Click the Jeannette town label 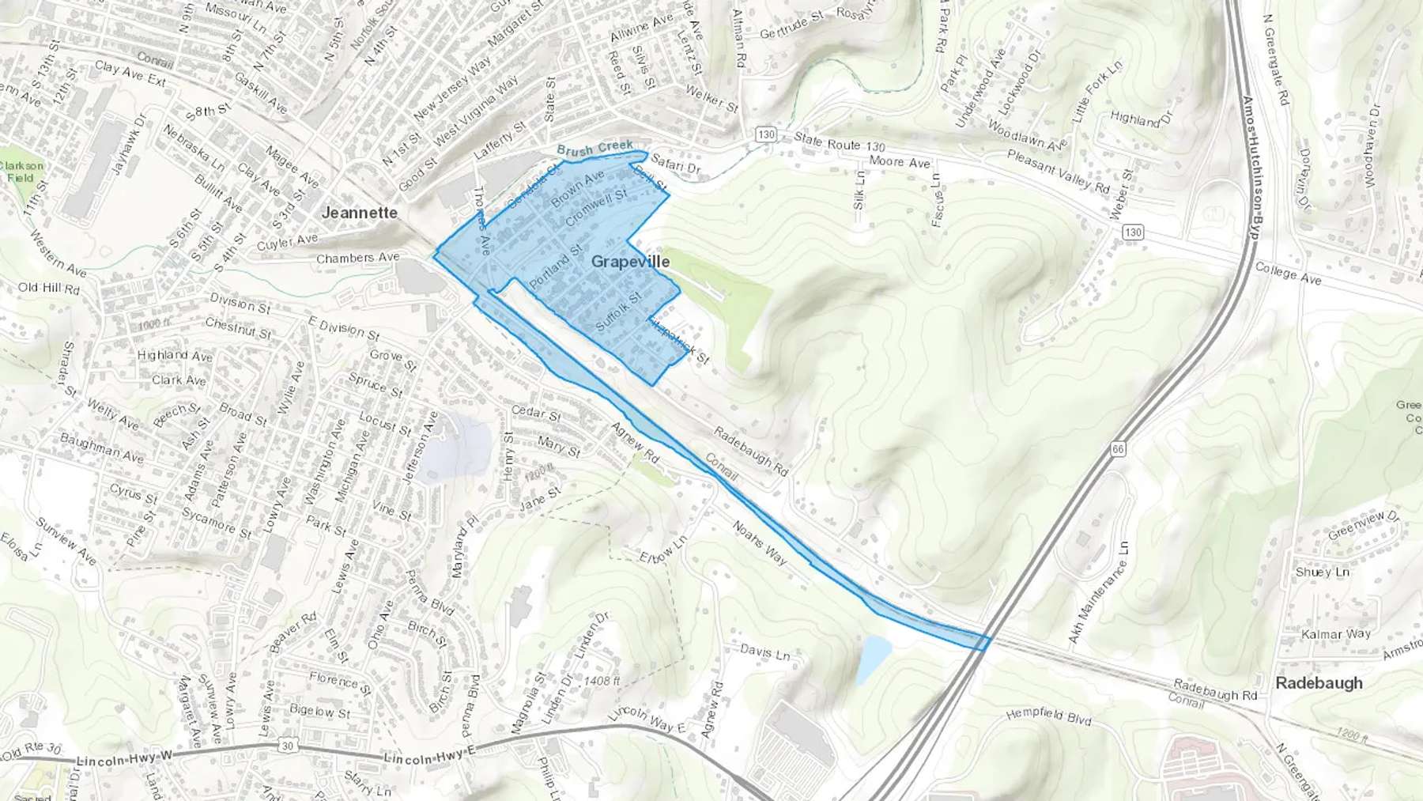[359, 213]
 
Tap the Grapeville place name [630, 262]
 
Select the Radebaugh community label [1319, 682]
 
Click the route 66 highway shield [1117, 449]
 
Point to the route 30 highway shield [287, 746]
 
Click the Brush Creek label [594, 148]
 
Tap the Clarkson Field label [21, 172]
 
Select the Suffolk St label [617, 312]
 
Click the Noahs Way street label [759, 542]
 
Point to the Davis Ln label [764, 652]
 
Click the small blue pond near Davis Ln [874, 658]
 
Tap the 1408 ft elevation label [602, 680]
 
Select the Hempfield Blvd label [1048, 716]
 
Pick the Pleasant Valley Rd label [1058, 172]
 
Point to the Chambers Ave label [357, 258]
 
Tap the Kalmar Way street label [1336, 634]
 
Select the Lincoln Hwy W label [124, 760]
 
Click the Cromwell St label [596, 205]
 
